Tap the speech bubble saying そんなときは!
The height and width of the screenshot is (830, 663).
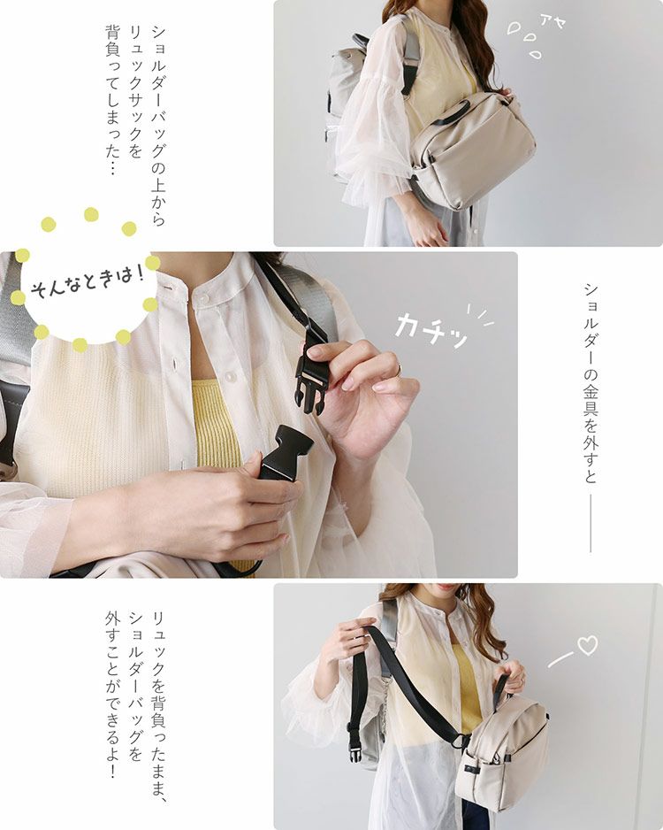pos(88,281)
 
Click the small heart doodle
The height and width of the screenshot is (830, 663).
pos(587,645)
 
